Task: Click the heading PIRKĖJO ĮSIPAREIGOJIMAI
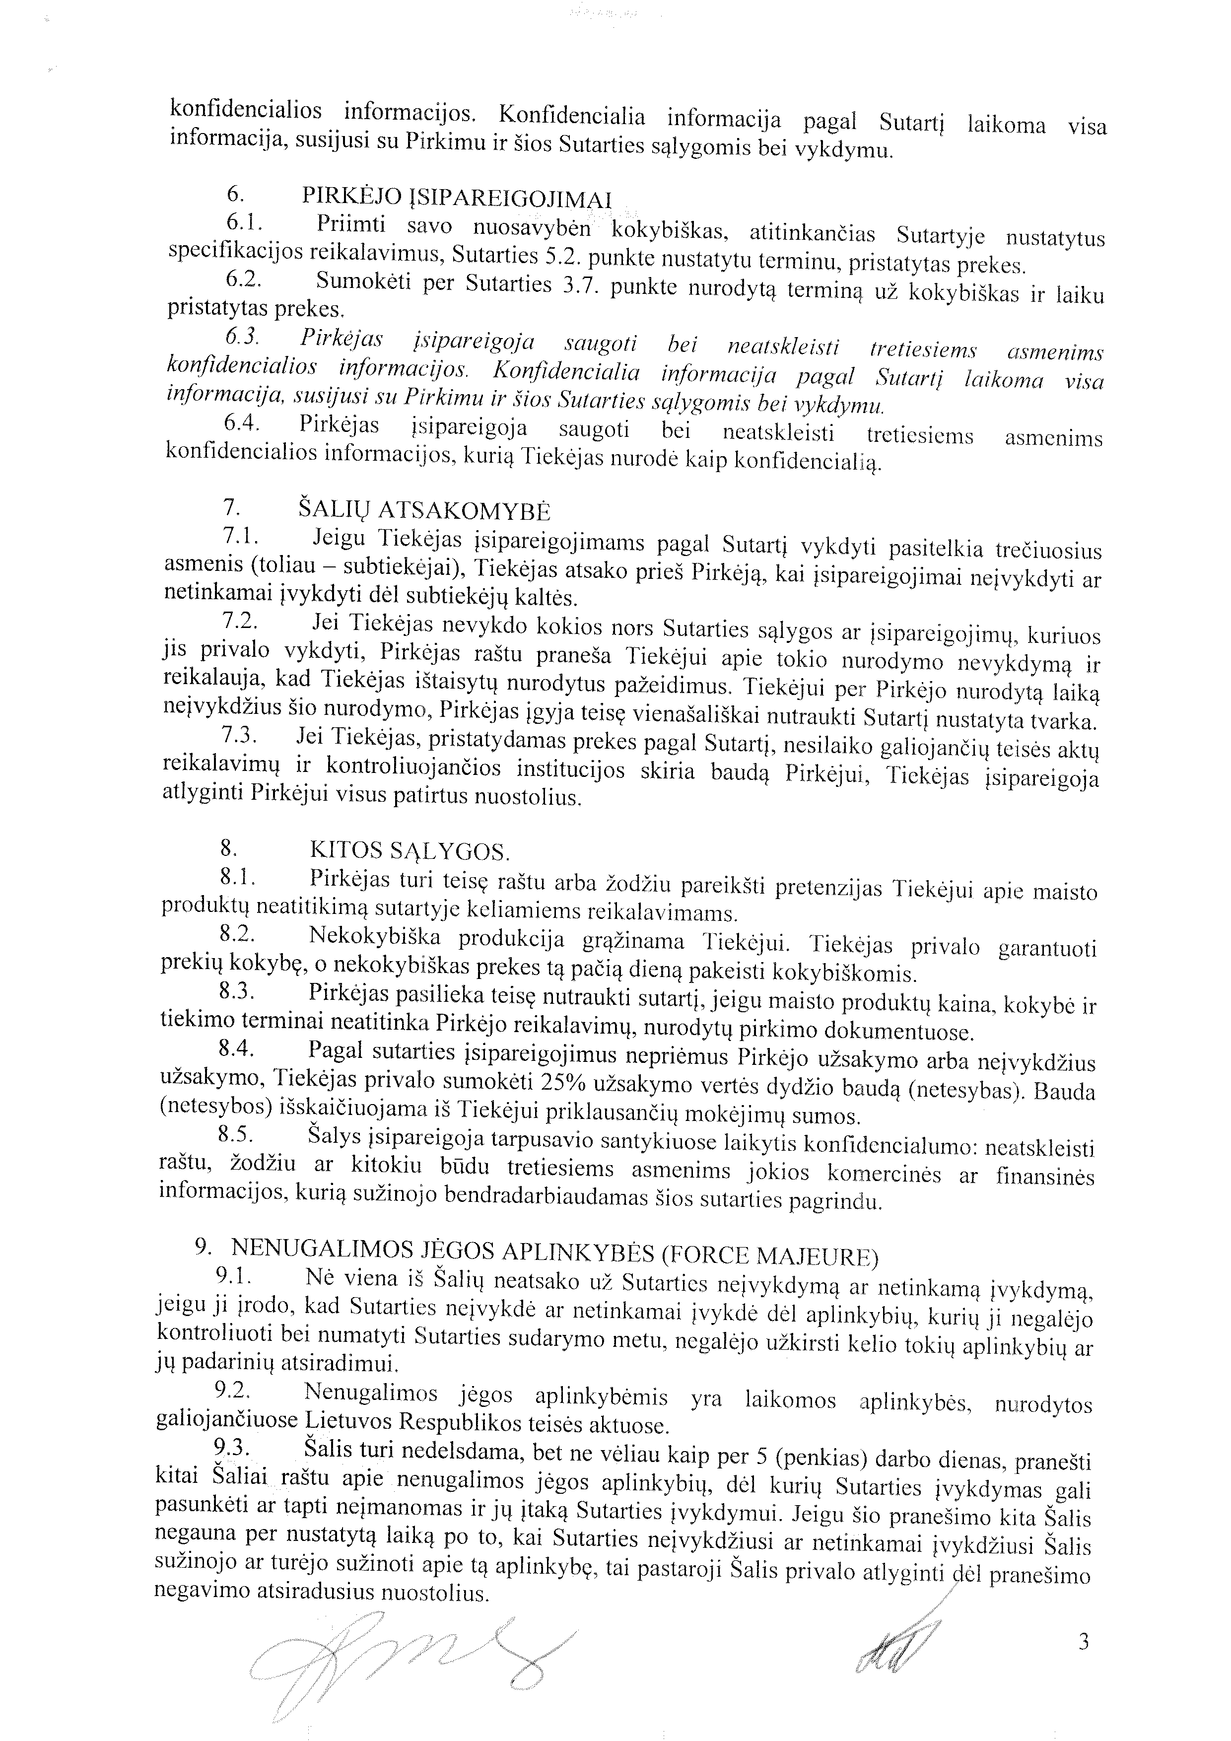(456, 197)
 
